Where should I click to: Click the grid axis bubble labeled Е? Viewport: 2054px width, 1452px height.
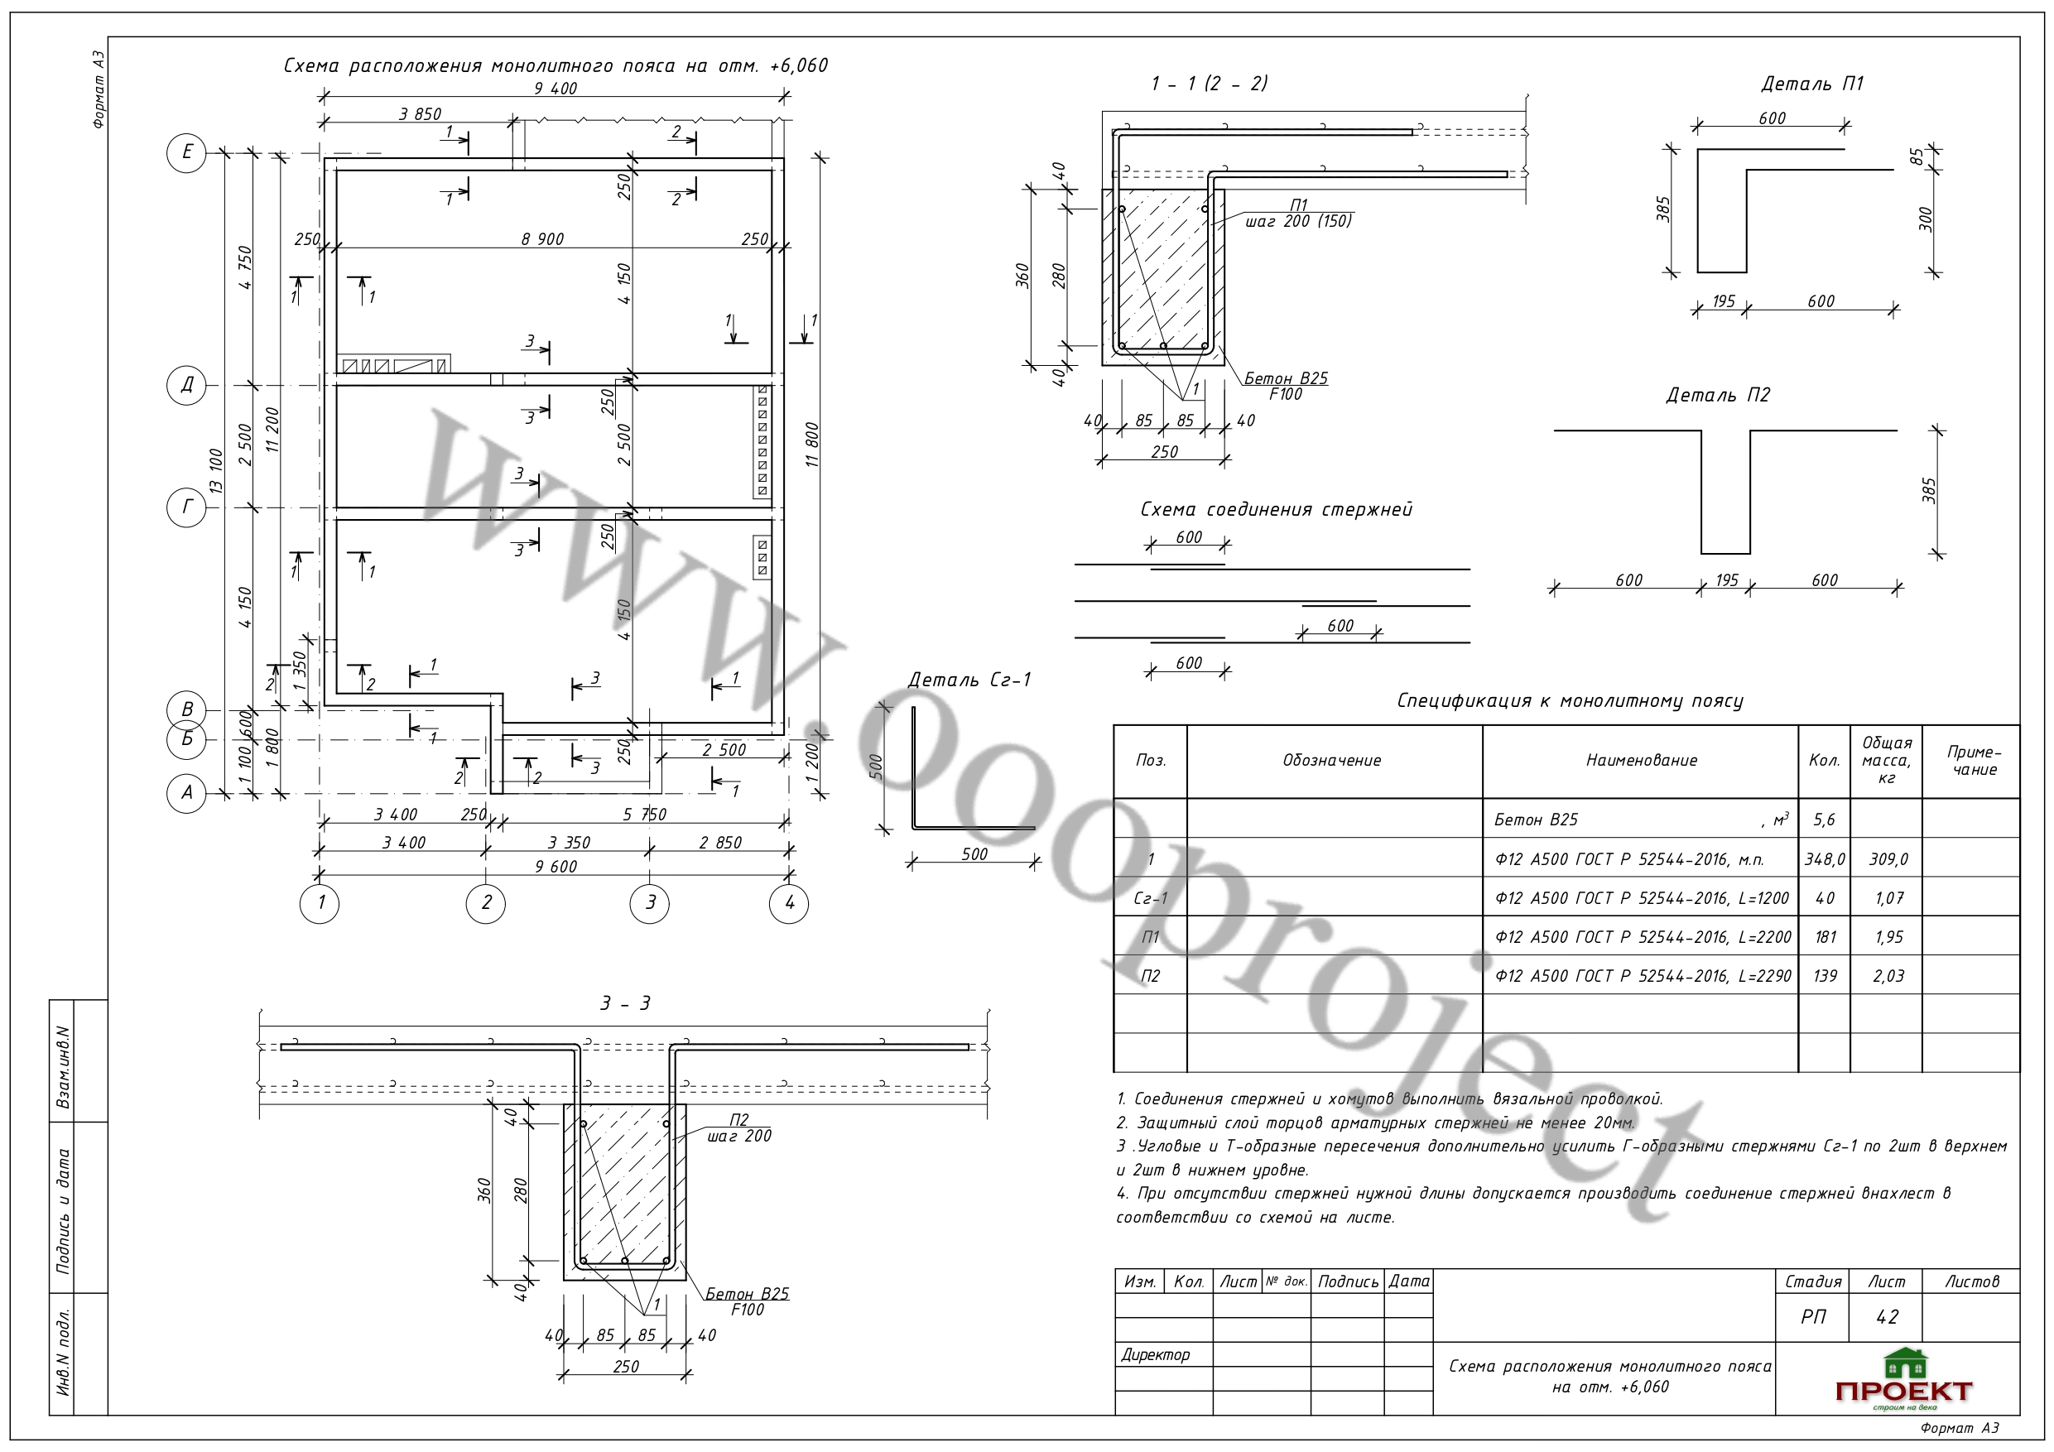[186, 153]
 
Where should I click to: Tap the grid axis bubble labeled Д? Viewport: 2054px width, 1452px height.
[186, 385]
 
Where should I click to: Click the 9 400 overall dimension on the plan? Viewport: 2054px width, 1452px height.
[556, 88]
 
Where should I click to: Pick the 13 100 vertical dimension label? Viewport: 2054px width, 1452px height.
[214, 472]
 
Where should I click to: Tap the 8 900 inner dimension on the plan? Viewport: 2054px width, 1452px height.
[543, 239]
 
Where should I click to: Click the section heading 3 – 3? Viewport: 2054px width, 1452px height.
[625, 1004]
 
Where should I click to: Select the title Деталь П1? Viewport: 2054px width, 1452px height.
[1811, 84]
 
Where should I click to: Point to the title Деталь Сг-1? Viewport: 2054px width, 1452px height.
[969, 680]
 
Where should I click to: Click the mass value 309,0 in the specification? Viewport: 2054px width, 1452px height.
[1888, 860]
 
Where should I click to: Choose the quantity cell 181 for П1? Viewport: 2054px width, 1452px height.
[1825, 938]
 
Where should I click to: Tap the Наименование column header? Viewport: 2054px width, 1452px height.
[1642, 761]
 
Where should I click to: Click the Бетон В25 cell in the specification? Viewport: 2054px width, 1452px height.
[1536, 820]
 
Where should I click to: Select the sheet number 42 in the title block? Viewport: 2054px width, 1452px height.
[1887, 1317]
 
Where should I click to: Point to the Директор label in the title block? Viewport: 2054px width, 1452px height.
[1156, 1354]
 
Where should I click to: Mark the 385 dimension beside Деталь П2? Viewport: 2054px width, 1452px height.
[1929, 490]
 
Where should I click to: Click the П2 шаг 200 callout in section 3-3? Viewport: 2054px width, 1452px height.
[739, 1128]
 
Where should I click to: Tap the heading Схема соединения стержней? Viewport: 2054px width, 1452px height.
[1276, 510]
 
